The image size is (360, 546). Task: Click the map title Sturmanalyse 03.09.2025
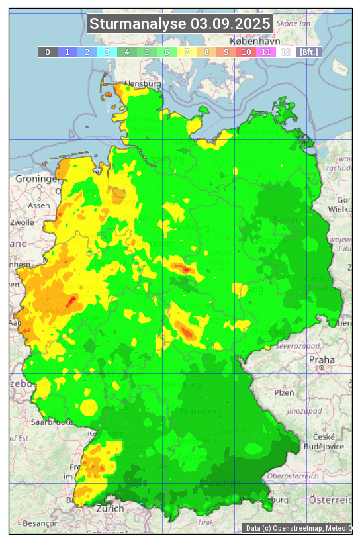click(180, 24)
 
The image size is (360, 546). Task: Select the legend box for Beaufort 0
click(48, 52)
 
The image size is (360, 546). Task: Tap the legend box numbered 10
click(246, 52)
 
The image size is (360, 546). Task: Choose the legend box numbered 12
click(286, 52)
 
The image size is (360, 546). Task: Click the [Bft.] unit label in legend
click(309, 52)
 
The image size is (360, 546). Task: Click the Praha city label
click(322, 359)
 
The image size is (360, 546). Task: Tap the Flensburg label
click(143, 84)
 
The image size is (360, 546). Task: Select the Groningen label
click(37, 179)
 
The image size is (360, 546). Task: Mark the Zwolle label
click(22, 222)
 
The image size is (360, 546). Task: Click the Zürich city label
click(110, 508)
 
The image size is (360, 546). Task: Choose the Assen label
click(39, 205)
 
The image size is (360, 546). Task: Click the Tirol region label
click(205, 522)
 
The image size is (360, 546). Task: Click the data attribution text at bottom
click(297, 528)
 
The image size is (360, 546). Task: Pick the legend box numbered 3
click(107, 52)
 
